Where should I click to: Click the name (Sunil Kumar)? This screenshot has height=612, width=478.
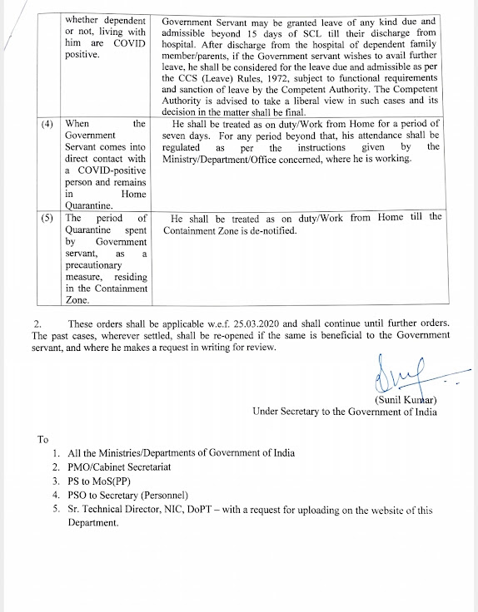[x=406, y=398]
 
